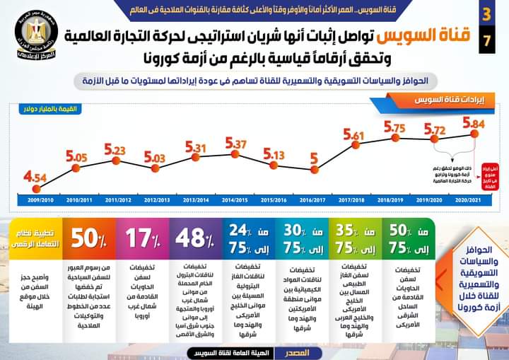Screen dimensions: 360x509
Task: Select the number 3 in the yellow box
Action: pos(485,14)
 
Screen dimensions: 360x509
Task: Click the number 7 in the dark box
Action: pos(485,40)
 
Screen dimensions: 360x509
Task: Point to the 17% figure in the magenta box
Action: pos(141,238)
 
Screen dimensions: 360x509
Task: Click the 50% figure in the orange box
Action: pos(88,238)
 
